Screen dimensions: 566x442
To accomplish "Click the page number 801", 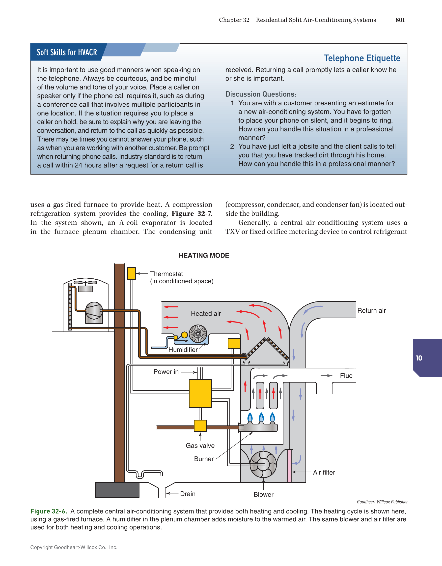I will (x=400, y=20).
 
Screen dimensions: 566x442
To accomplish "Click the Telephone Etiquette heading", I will (x=362, y=58).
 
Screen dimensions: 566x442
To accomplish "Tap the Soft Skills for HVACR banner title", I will (x=67, y=52).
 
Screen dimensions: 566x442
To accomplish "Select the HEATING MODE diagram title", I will (x=204, y=255).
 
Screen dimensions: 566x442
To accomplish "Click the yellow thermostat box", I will (x=131, y=273).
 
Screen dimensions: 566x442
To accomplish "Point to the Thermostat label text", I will (x=166, y=274).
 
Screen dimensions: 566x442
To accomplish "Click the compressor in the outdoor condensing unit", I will (x=94, y=311).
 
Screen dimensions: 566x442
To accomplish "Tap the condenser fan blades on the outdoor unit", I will (x=85, y=282).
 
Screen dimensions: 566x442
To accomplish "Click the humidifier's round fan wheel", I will (x=198, y=333).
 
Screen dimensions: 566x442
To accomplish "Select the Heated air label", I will (x=206, y=314).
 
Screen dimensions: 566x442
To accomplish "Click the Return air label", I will (x=371, y=310).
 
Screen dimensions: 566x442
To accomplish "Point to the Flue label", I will (x=346, y=376).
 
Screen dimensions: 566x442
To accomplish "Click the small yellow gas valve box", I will (x=200, y=425).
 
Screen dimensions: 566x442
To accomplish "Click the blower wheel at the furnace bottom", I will (x=263, y=464).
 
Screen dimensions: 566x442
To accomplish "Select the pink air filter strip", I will (x=289, y=466).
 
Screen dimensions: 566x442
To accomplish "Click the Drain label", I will (x=188, y=494).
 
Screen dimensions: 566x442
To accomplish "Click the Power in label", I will (x=166, y=372).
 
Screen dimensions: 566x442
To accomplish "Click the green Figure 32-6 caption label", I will (x=49, y=511).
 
